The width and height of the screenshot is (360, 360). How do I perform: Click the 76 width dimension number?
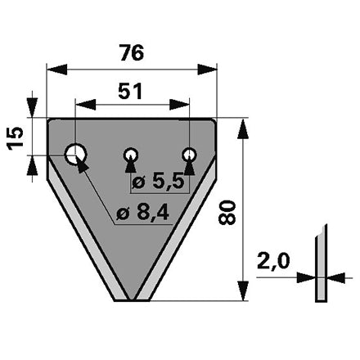click(132, 52)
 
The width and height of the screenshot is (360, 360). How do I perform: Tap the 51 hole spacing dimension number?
click(130, 91)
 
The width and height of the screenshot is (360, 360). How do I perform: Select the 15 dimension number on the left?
click(16, 138)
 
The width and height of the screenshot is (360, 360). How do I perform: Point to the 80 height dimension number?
click(227, 212)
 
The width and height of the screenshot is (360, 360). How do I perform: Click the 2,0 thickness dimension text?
click(273, 261)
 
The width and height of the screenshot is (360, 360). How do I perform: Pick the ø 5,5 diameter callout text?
click(158, 182)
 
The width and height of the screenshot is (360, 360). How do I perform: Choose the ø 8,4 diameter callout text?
click(143, 213)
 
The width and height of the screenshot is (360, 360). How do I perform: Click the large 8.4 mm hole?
click(75, 154)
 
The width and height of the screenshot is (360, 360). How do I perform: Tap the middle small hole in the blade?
click(131, 155)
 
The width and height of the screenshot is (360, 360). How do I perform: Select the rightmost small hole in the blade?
click(189, 155)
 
